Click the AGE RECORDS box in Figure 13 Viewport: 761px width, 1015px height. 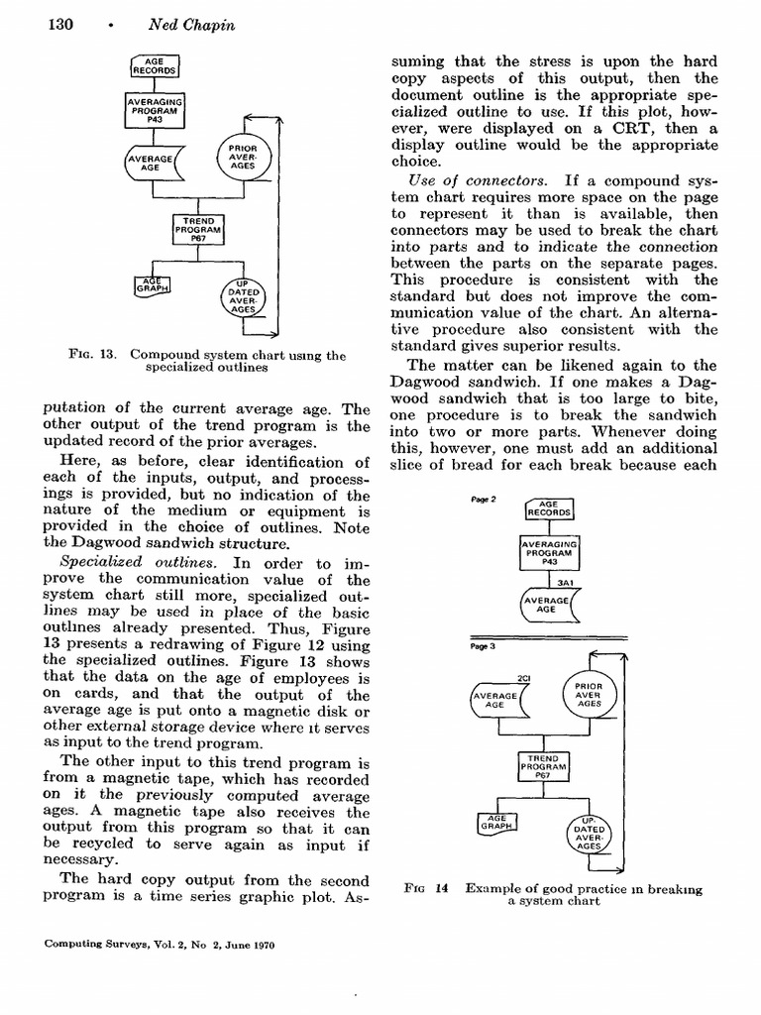click(x=154, y=65)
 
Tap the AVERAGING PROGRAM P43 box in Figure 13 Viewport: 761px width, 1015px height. click(x=154, y=109)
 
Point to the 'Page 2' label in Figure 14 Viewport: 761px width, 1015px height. click(x=485, y=500)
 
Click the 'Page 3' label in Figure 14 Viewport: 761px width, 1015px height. click(x=485, y=645)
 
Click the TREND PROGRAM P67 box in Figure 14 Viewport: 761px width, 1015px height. click(x=544, y=765)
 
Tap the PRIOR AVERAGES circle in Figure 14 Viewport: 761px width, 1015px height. click(x=588, y=696)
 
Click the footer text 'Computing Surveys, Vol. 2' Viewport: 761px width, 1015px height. click(x=109, y=945)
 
